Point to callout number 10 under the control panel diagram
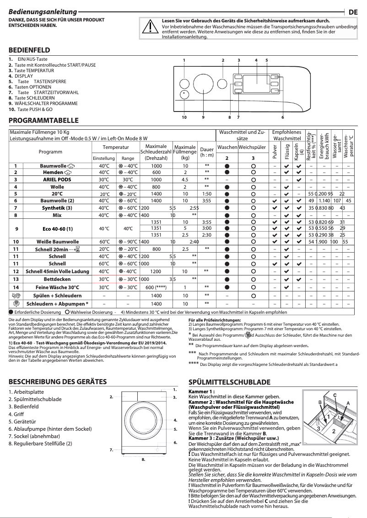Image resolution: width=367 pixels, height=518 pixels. [x=184, y=117]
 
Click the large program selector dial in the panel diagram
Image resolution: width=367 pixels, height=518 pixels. [x=203, y=85]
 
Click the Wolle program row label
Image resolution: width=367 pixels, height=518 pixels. [x=57, y=186]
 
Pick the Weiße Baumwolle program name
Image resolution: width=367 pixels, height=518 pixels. [x=57, y=241]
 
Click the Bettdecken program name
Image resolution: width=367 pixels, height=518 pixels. [x=57, y=279]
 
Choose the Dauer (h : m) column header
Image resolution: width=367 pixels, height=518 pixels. [x=207, y=152]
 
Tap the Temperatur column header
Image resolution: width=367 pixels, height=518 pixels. [x=115, y=148]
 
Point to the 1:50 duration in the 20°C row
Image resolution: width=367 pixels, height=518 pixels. [x=207, y=194]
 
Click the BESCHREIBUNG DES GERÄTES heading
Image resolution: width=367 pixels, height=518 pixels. [x=58, y=382]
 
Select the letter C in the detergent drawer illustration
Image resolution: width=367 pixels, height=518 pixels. [x=335, y=395]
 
